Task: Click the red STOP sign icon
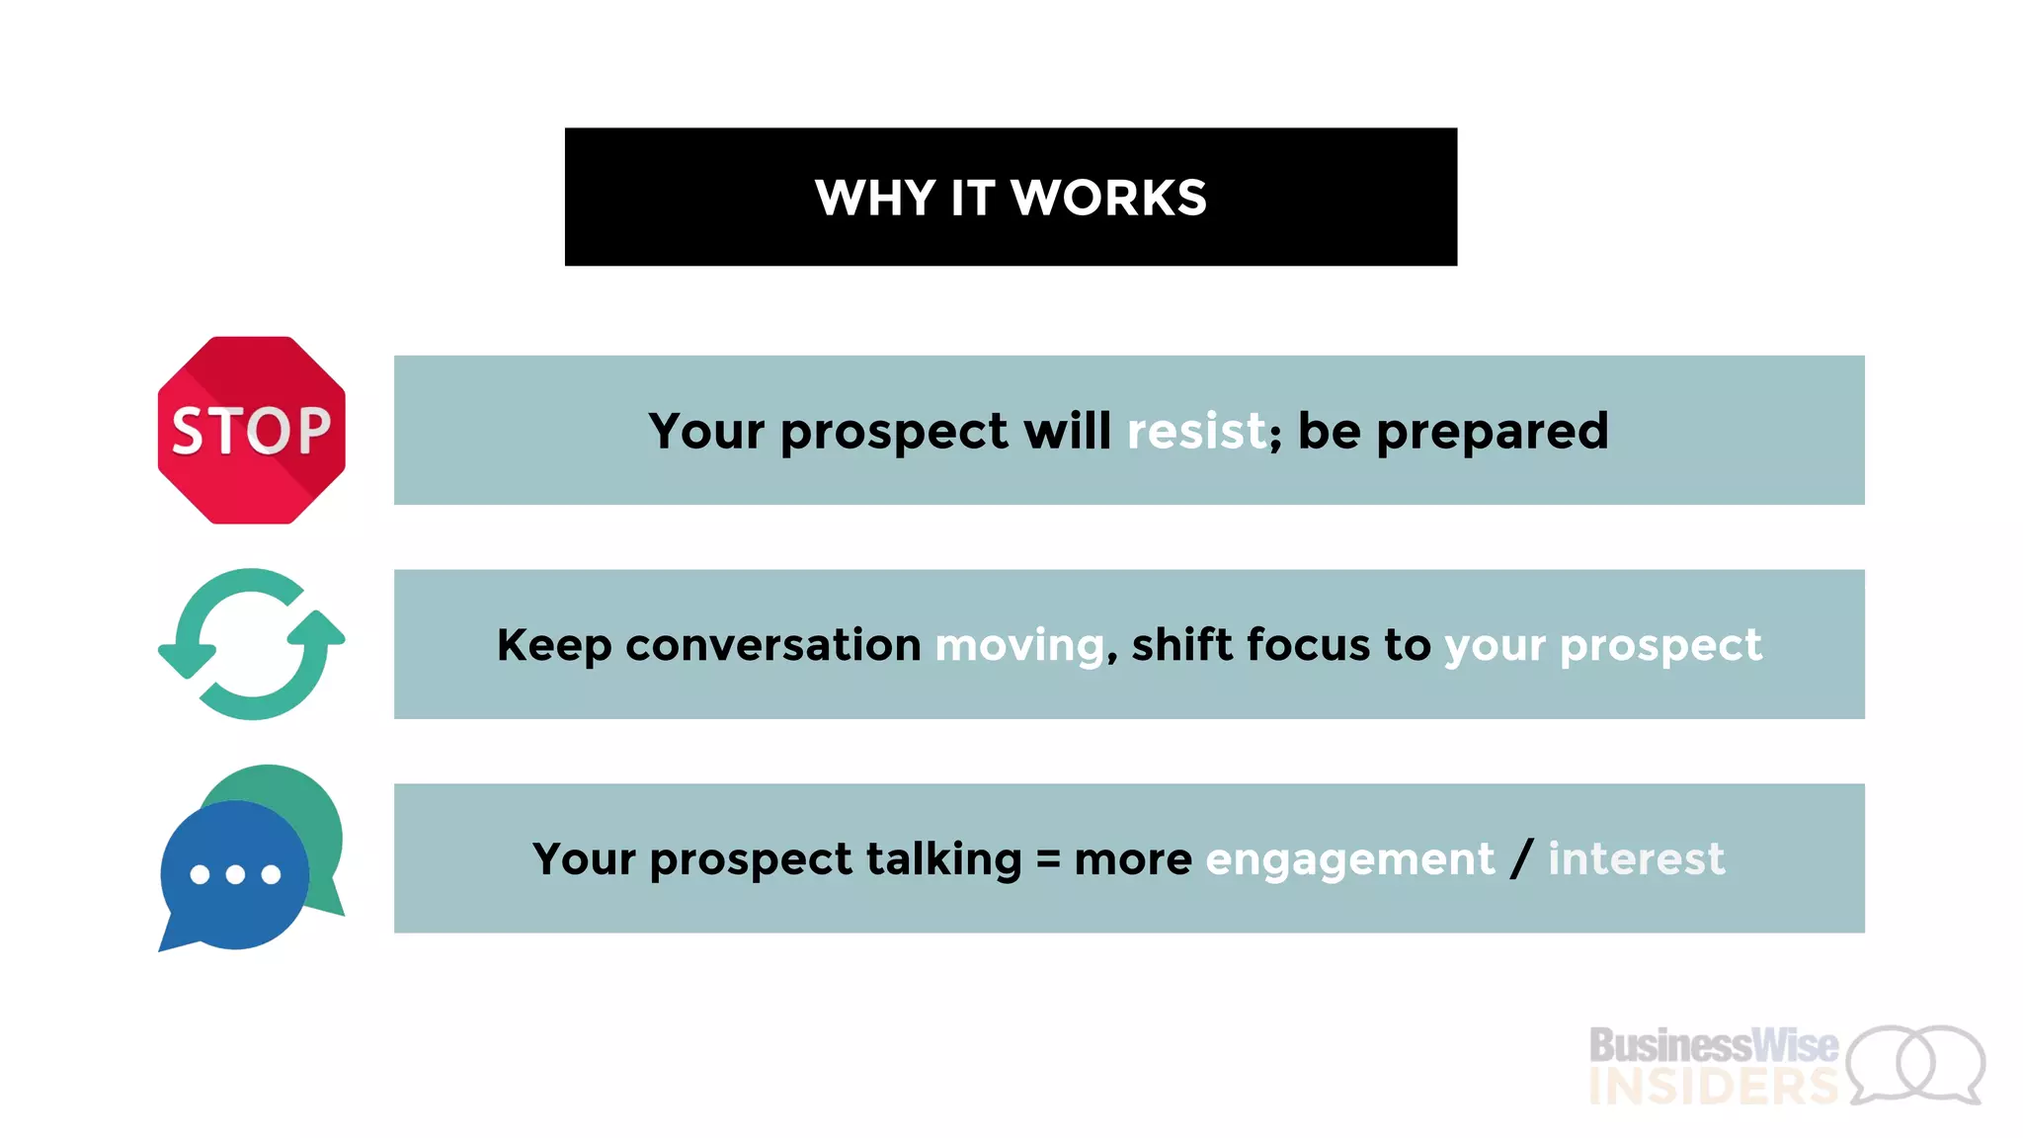click(252, 430)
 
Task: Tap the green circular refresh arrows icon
click(252, 644)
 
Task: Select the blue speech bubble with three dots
click(235, 875)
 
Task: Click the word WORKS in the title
click(1108, 198)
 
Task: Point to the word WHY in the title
click(875, 198)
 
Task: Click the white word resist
click(1196, 431)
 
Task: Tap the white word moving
click(1019, 646)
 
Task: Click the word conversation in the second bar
click(772, 645)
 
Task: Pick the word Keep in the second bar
click(554, 646)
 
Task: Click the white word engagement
click(1349, 859)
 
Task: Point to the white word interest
click(1636, 858)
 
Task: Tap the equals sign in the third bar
click(1048, 859)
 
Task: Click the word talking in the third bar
click(943, 859)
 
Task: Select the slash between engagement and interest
click(1521, 858)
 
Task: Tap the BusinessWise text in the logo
click(1713, 1045)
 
